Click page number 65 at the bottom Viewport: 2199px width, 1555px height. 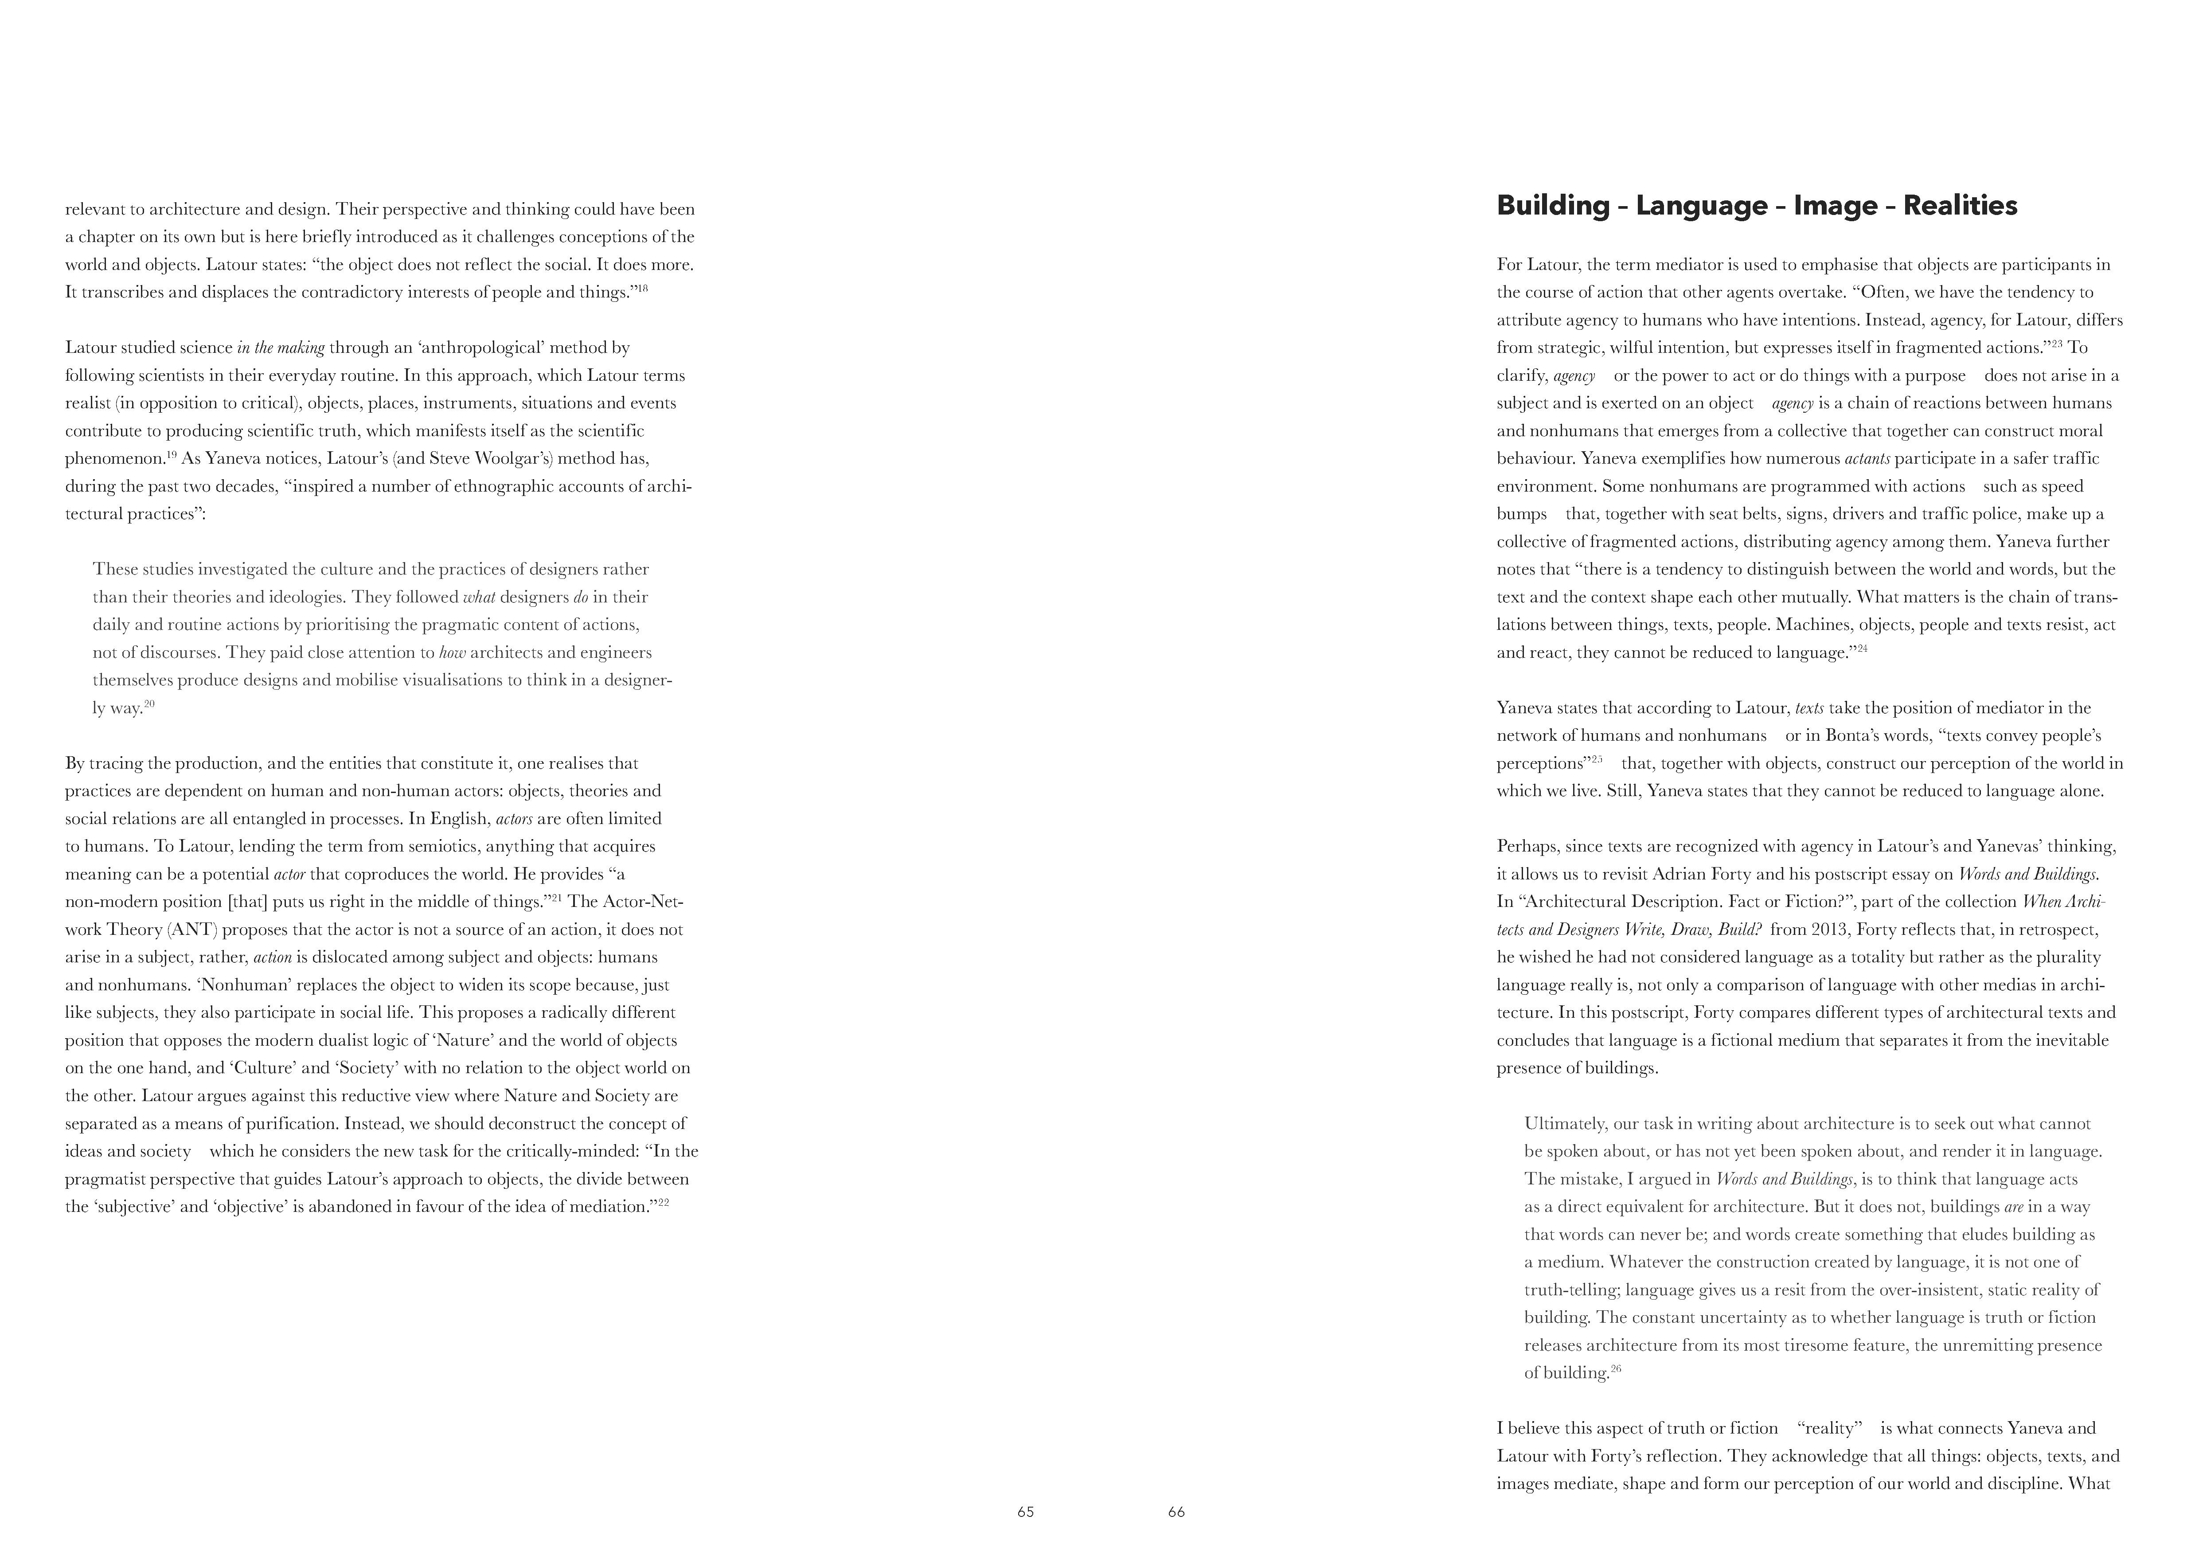(1026, 1512)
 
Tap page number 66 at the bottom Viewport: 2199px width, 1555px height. (1176, 1512)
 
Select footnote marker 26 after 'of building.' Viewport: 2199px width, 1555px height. (1616, 1368)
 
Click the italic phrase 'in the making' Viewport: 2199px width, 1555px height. (281, 348)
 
